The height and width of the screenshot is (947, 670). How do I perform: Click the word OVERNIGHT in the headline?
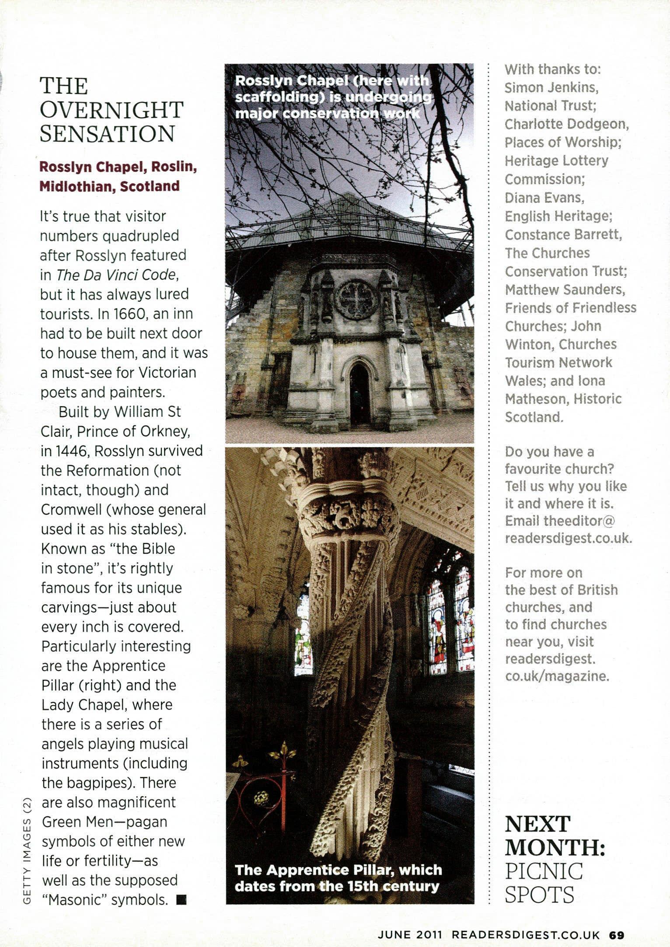(x=112, y=110)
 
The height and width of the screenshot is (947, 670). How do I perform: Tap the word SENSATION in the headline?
(x=108, y=134)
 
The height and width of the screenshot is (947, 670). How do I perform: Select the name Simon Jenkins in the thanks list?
(x=551, y=87)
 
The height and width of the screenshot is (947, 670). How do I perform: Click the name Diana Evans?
(x=544, y=198)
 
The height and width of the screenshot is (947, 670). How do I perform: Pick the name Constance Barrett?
(x=563, y=234)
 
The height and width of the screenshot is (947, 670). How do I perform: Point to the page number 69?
(x=617, y=935)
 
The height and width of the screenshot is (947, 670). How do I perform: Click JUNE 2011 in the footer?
(x=410, y=935)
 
